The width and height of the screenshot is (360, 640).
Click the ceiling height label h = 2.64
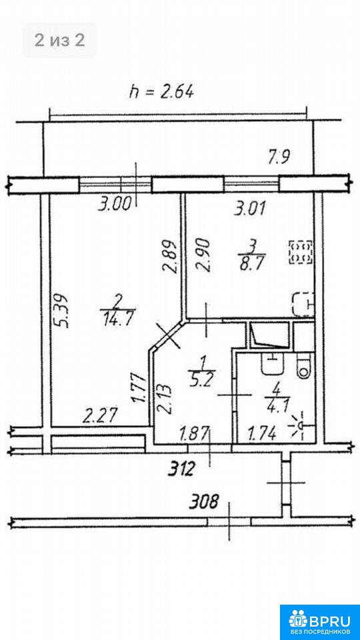[x=161, y=93]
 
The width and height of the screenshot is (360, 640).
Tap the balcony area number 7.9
[x=279, y=157]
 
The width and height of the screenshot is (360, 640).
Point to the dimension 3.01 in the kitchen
[x=250, y=209]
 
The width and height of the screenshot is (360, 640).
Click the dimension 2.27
[x=101, y=417]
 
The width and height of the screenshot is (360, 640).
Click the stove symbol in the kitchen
[x=301, y=251]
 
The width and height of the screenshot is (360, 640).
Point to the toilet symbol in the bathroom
[x=303, y=366]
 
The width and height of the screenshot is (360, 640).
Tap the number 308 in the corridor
[x=203, y=501]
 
